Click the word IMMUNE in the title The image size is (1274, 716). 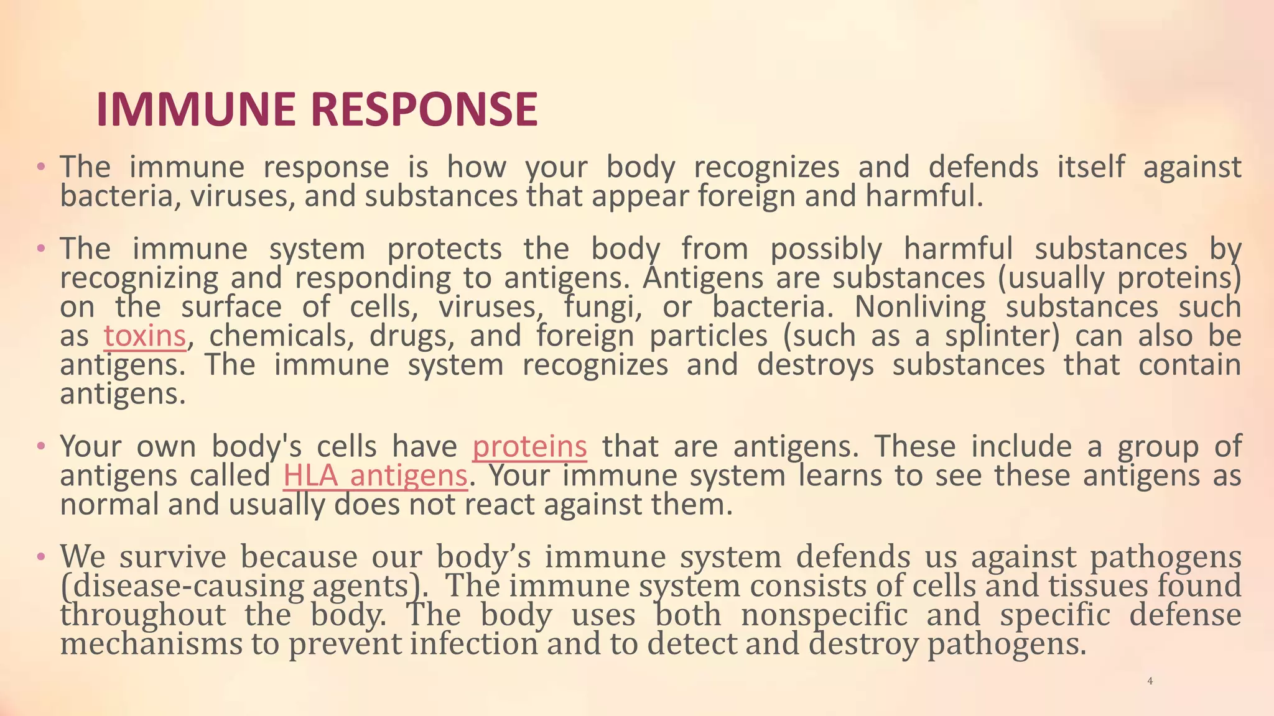(196, 109)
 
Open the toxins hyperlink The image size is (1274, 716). (145, 336)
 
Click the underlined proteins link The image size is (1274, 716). (529, 447)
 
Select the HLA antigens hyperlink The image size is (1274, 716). (374, 476)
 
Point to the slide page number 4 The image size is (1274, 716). (1150, 681)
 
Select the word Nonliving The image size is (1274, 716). (920, 307)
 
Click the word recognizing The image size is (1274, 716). (139, 278)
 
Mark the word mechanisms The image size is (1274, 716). (151, 644)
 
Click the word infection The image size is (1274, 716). (474, 644)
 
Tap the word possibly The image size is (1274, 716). (826, 249)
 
